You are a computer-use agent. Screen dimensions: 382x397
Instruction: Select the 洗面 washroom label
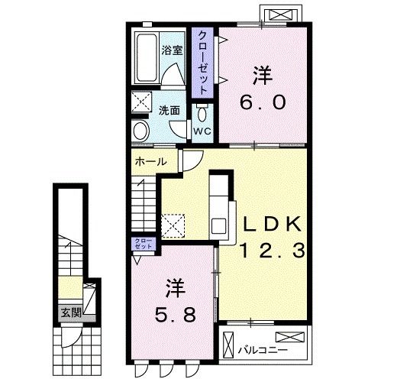click(x=169, y=110)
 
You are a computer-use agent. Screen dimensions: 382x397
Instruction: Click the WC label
click(x=201, y=131)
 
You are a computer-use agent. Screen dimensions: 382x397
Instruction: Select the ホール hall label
click(x=150, y=161)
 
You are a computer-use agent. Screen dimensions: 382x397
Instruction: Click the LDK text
click(x=273, y=223)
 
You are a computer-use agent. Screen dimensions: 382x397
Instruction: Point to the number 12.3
click(x=273, y=249)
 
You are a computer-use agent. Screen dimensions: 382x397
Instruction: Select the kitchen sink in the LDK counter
click(x=218, y=227)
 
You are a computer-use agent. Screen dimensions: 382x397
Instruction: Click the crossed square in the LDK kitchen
click(x=174, y=223)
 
